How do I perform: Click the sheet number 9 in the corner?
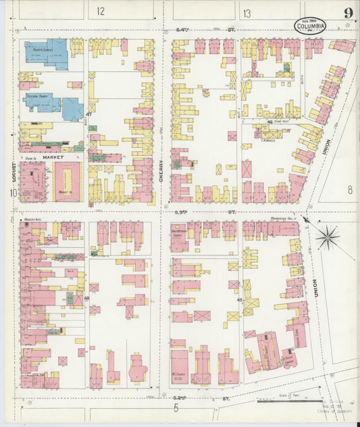click(x=347, y=13)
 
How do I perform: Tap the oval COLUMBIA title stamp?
click(x=311, y=26)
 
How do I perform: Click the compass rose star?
click(x=328, y=236)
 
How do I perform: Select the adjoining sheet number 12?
click(x=101, y=11)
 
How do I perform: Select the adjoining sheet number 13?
click(x=247, y=13)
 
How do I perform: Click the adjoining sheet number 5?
click(x=175, y=407)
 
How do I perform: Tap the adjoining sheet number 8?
click(x=350, y=190)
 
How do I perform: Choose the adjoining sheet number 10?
click(x=12, y=193)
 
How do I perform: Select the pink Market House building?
click(x=67, y=182)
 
